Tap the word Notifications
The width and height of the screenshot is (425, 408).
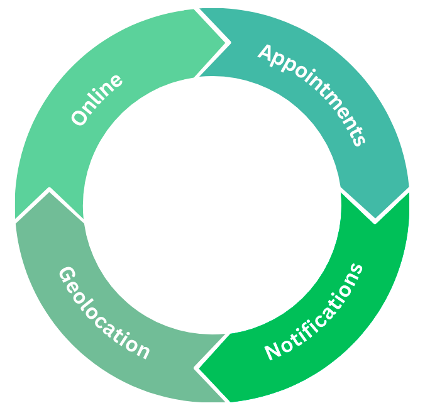pos(314,312)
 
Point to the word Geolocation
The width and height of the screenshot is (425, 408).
pos(104,313)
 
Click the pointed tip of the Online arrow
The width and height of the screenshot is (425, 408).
pos(226,43)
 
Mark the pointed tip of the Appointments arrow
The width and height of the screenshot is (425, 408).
pos(375,221)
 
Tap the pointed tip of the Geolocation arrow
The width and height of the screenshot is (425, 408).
pos(48,190)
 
